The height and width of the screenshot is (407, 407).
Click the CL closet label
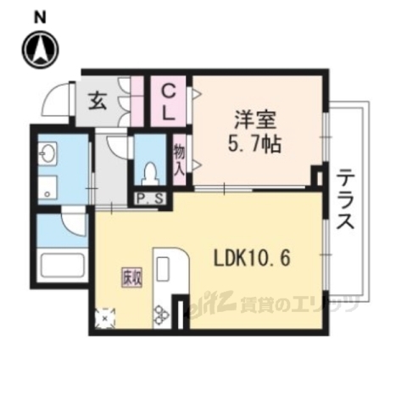click(170, 100)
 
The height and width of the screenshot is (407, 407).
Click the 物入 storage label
click(180, 158)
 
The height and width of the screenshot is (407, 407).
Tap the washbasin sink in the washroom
click(45, 155)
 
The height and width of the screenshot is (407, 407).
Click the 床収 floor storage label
click(127, 276)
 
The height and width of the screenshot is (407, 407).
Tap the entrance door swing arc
click(57, 100)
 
